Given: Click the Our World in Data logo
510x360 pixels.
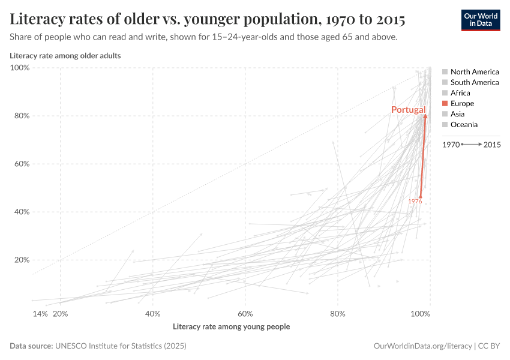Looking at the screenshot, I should coord(480,20).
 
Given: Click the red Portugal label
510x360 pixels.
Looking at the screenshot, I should coord(408,110).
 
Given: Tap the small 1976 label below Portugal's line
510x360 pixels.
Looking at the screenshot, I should coord(415,202).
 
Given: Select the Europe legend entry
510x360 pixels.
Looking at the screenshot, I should coord(462,104).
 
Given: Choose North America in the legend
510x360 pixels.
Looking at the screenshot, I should coord(474,71).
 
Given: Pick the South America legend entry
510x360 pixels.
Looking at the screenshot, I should coord(474,82).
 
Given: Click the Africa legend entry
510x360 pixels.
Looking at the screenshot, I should coord(460,93).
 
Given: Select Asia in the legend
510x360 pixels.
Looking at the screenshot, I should coord(457,114).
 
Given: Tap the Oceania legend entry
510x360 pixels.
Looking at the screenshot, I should coord(464,125).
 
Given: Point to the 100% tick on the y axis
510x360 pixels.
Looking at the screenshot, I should coord(20,68).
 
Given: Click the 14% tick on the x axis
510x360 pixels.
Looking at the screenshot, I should coord(40,314).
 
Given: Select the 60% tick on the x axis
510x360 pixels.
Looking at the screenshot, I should coord(245,314).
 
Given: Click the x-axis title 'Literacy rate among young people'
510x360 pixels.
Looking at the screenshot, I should coord(231,327).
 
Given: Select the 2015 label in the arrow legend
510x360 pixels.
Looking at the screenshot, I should coord(491,145).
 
